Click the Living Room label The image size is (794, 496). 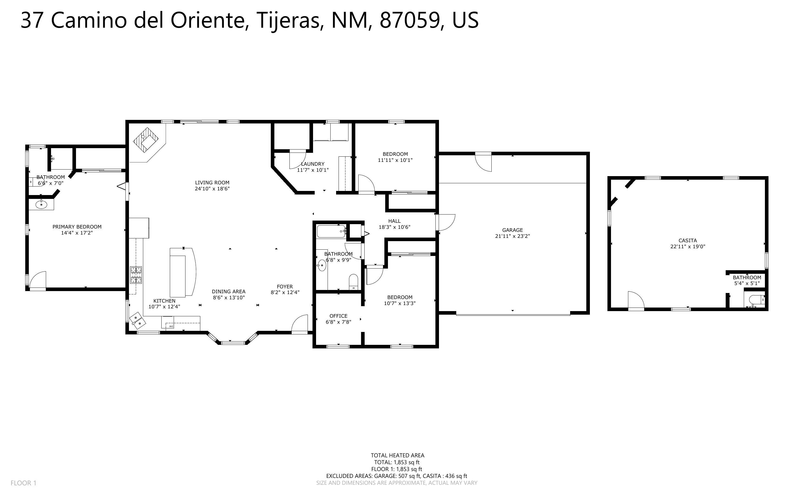(212, 183)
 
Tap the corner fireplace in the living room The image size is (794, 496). (146, 140)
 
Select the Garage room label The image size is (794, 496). (512, 230)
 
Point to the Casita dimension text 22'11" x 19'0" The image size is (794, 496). (688, 247)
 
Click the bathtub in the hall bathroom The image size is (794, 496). (331, 231)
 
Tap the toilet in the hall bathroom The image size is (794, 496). (353, 282)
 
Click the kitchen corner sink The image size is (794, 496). (137, 320)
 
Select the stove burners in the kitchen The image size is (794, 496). (136, 275)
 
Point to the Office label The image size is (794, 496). (339, 316)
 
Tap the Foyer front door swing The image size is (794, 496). (299, 324)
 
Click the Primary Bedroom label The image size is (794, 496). (77, 227)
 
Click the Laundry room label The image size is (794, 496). (312, 164)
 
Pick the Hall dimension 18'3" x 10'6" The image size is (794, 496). (395, 227)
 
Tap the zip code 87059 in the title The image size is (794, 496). (410, 20)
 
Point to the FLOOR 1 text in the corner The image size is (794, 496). (24, 483)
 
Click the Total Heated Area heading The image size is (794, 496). (398, 455)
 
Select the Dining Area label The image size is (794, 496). (229, 292)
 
